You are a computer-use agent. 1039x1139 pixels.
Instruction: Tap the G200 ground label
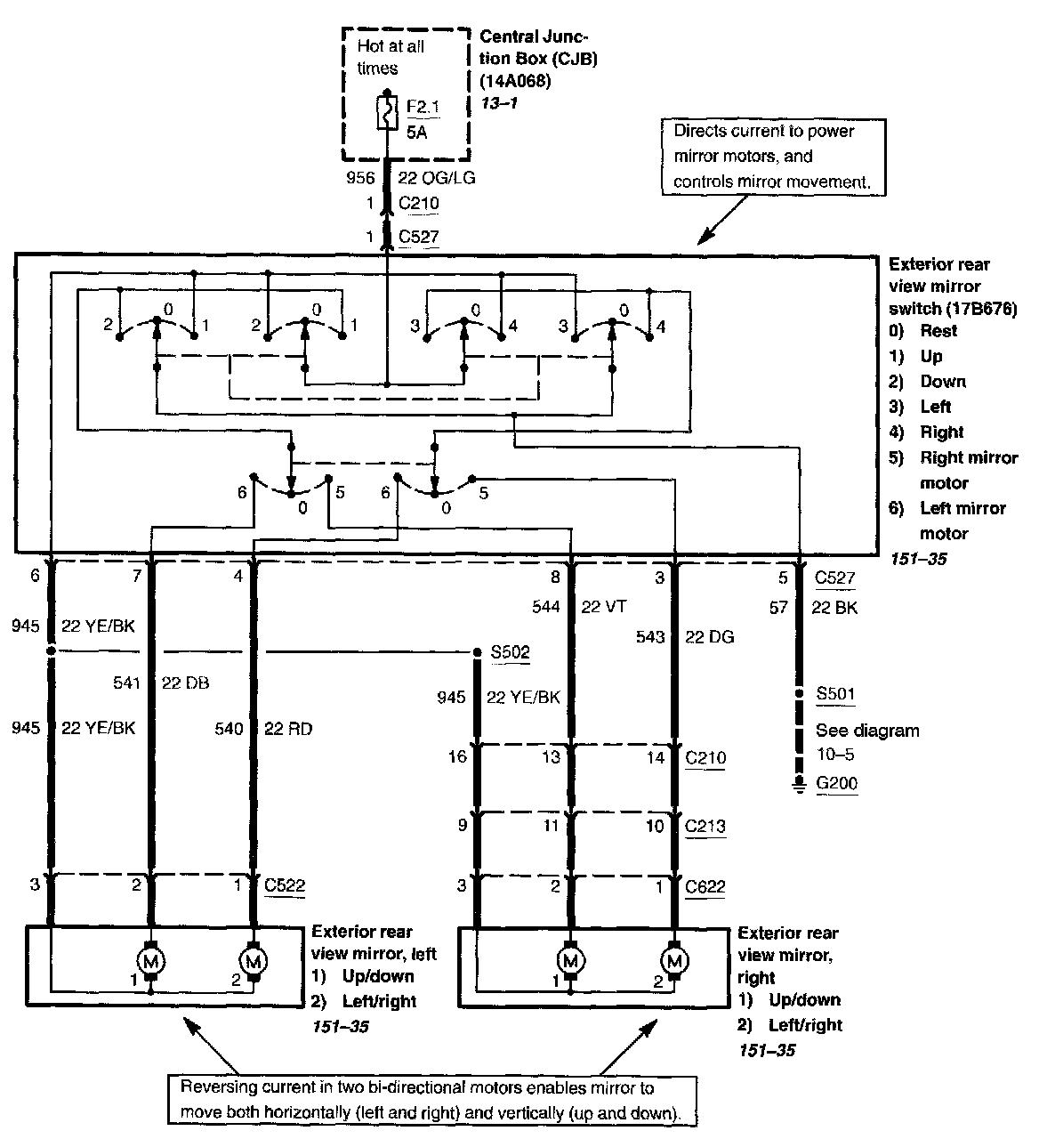point(836,784)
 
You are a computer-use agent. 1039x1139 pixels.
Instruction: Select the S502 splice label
point(511,652)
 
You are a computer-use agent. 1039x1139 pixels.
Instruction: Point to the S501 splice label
point(836,693)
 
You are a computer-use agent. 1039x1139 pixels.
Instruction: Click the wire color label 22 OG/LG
point(437,178)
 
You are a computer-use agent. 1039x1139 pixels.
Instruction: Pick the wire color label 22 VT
point(604,607)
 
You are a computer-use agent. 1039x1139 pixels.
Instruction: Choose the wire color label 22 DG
point(709,637)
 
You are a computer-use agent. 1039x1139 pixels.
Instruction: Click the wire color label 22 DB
point(186,683)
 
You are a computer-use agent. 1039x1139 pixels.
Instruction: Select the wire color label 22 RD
point(288,729)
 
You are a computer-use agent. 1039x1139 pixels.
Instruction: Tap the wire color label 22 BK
point(834,608)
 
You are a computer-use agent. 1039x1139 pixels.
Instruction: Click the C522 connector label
point(284,885)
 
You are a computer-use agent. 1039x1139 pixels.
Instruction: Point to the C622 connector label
point(705,886)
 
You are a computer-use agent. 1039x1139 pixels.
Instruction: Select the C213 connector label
point(705,826)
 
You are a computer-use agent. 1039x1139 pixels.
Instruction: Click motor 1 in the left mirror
point(149,960)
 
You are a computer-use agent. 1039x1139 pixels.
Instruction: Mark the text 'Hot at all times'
point(391,56)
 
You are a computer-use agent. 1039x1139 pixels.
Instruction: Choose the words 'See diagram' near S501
point(867,731)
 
